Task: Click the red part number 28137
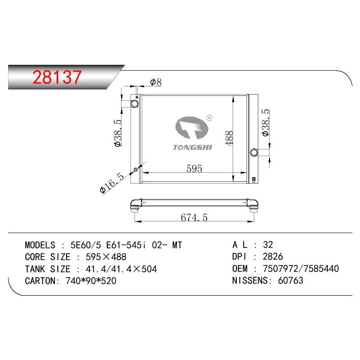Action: click(57, 76)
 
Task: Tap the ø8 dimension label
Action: click(156, 82)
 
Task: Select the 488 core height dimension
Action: click(229, 138)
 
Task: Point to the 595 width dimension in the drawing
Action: click(194, 168)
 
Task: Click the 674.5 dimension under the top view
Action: click(194, 217)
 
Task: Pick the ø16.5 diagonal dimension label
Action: click(112, 183)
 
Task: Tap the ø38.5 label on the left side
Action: click(117, 133)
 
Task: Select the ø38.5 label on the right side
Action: click(265, 122)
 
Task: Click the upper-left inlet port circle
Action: click(135, 103)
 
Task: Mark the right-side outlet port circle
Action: click(254, 152)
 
